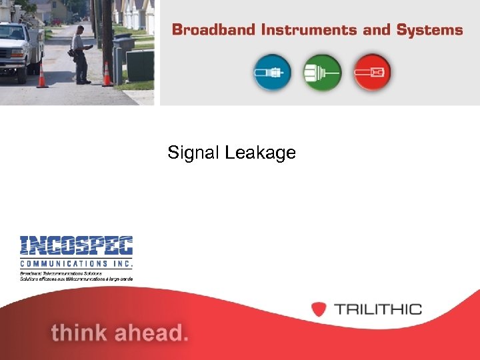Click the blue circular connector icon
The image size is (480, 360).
(x=272, y=71)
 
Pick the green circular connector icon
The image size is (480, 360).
(x=322, y=71)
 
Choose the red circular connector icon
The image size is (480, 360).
(x=372, y=71)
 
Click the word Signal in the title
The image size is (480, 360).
(x=194, y=153)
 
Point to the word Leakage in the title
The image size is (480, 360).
(x=261, y=153)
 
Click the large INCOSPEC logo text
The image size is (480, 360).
(x=76, y=246)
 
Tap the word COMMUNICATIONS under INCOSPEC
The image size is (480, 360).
(x=76, y=264)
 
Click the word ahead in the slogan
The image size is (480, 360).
(x=153, y=331)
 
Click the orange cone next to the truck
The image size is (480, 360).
(x=43, y=75)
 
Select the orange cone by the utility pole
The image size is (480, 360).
(x=107, y=75)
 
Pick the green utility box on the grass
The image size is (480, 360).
(x=139, y=67)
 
